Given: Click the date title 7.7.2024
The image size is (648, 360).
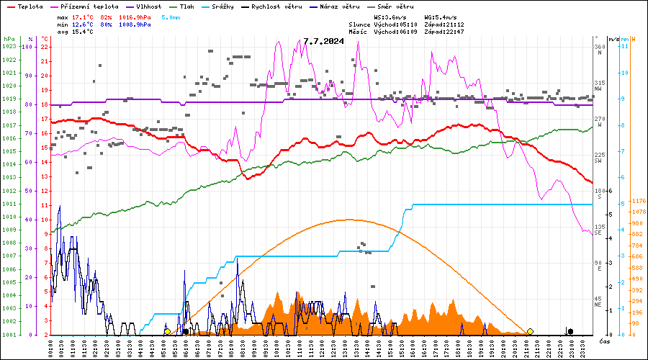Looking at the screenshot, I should point(323,41).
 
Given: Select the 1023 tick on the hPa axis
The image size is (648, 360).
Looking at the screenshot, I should point(9,47).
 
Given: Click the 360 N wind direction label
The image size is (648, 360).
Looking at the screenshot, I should point(598,50).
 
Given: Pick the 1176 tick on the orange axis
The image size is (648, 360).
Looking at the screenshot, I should point(637,201).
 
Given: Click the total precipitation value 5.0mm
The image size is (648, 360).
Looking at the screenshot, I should point(171,17).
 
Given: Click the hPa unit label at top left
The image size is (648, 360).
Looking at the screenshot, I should point(9,39).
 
